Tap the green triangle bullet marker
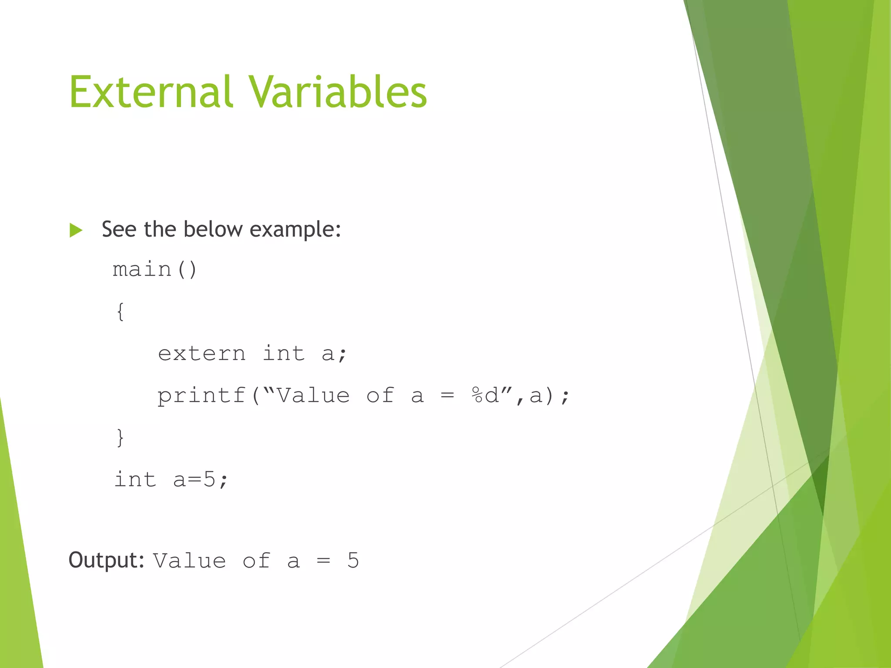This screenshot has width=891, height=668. (76, 230)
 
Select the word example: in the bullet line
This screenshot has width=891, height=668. (295, 230)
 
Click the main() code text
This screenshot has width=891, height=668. (155, 269)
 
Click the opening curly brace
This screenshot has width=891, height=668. (121, 311)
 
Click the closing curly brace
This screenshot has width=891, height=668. (121, 437)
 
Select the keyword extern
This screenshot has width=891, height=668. (201, 353)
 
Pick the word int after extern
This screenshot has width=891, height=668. (283, 353)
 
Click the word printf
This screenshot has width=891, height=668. (201, 396)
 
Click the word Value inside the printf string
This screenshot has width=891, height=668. (313, 395)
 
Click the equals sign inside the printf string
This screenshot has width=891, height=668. (447, 395)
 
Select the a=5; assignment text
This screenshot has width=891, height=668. (201, 480)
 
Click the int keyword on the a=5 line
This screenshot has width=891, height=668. (135, 480)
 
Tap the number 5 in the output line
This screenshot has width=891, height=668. (353, 560)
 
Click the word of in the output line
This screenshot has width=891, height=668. (256, 561)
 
